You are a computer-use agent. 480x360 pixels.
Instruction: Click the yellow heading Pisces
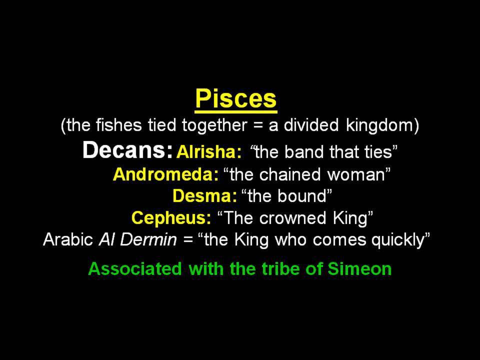(x=236, y=99)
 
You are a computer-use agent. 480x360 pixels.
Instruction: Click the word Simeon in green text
(x=359, y=269)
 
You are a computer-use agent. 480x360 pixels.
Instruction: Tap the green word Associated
(x=135, y=269)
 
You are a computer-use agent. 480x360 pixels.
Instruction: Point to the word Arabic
(x=68, y=239)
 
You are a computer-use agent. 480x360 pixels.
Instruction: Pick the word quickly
(x=398, y=240)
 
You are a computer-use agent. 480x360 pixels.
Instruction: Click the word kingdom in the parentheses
(x=380, y=125)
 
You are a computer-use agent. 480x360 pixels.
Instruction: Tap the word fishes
(x=119, y=125)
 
